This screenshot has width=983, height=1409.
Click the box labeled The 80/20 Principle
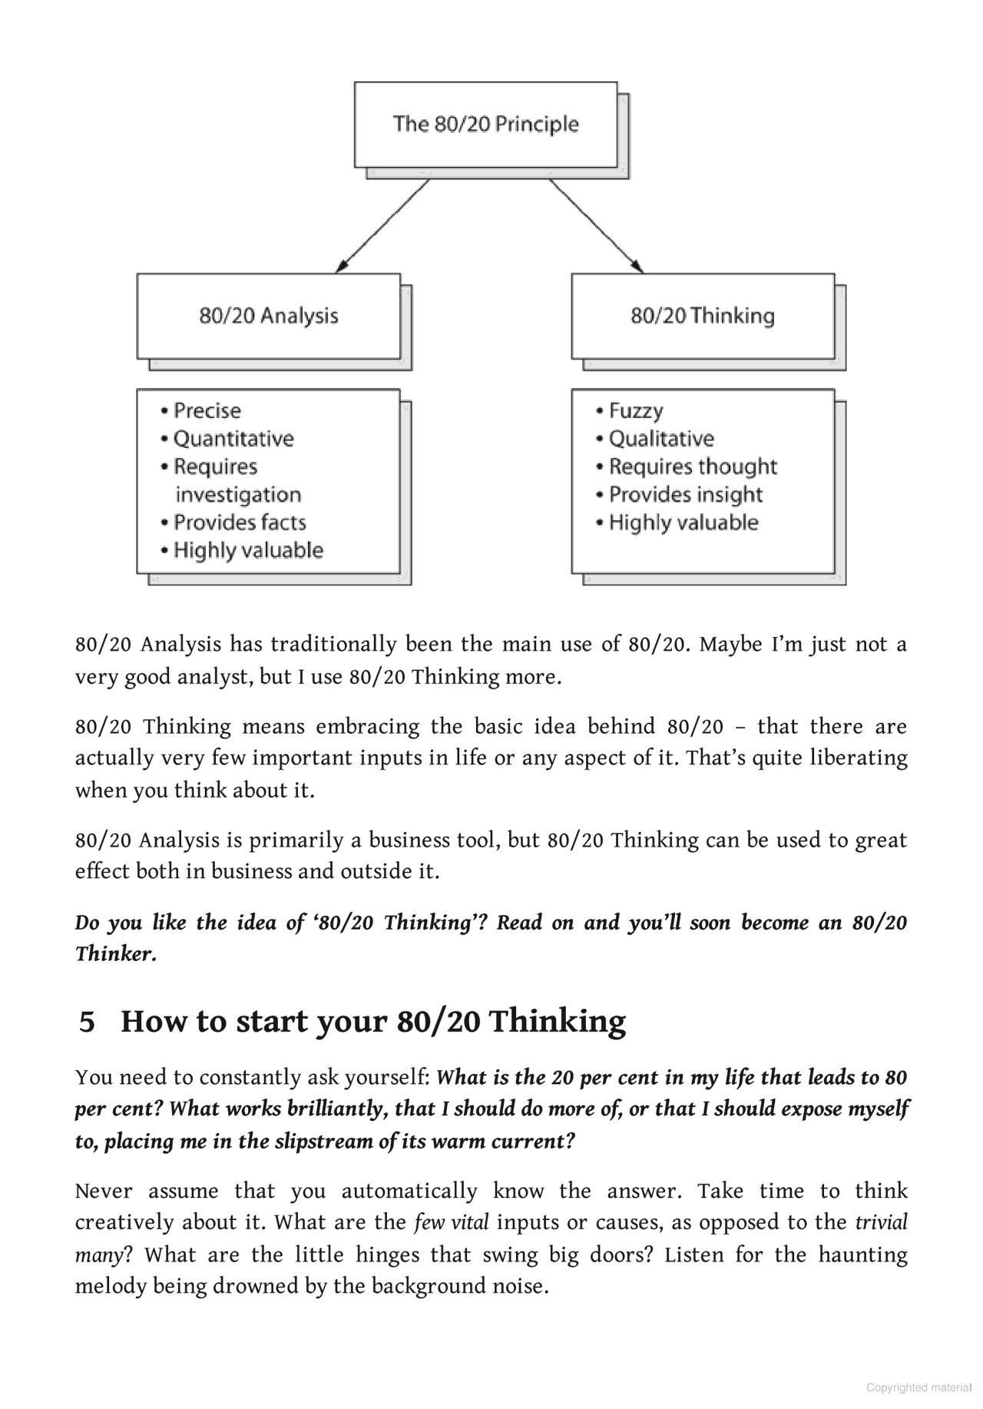pos(485,124)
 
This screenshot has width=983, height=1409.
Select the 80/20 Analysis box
pos(269,316)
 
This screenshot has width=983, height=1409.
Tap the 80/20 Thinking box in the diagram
pos(703,316)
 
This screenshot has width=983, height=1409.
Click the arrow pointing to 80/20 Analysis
pos(382,226)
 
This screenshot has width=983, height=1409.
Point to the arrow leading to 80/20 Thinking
pos(597,226)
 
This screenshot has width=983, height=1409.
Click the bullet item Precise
pos(207,411)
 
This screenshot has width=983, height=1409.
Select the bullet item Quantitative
pos(233,439)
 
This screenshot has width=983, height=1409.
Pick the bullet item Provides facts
pos(240,522)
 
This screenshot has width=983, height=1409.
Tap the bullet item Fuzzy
pos(635,411)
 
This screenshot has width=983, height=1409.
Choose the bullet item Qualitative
pos(660,439)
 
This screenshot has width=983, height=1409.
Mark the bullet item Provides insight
pos(685,495)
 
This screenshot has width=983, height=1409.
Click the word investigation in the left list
pos(238,495)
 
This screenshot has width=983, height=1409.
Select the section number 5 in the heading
pos(88,1022)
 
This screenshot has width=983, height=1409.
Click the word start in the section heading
pos(270,1022)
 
